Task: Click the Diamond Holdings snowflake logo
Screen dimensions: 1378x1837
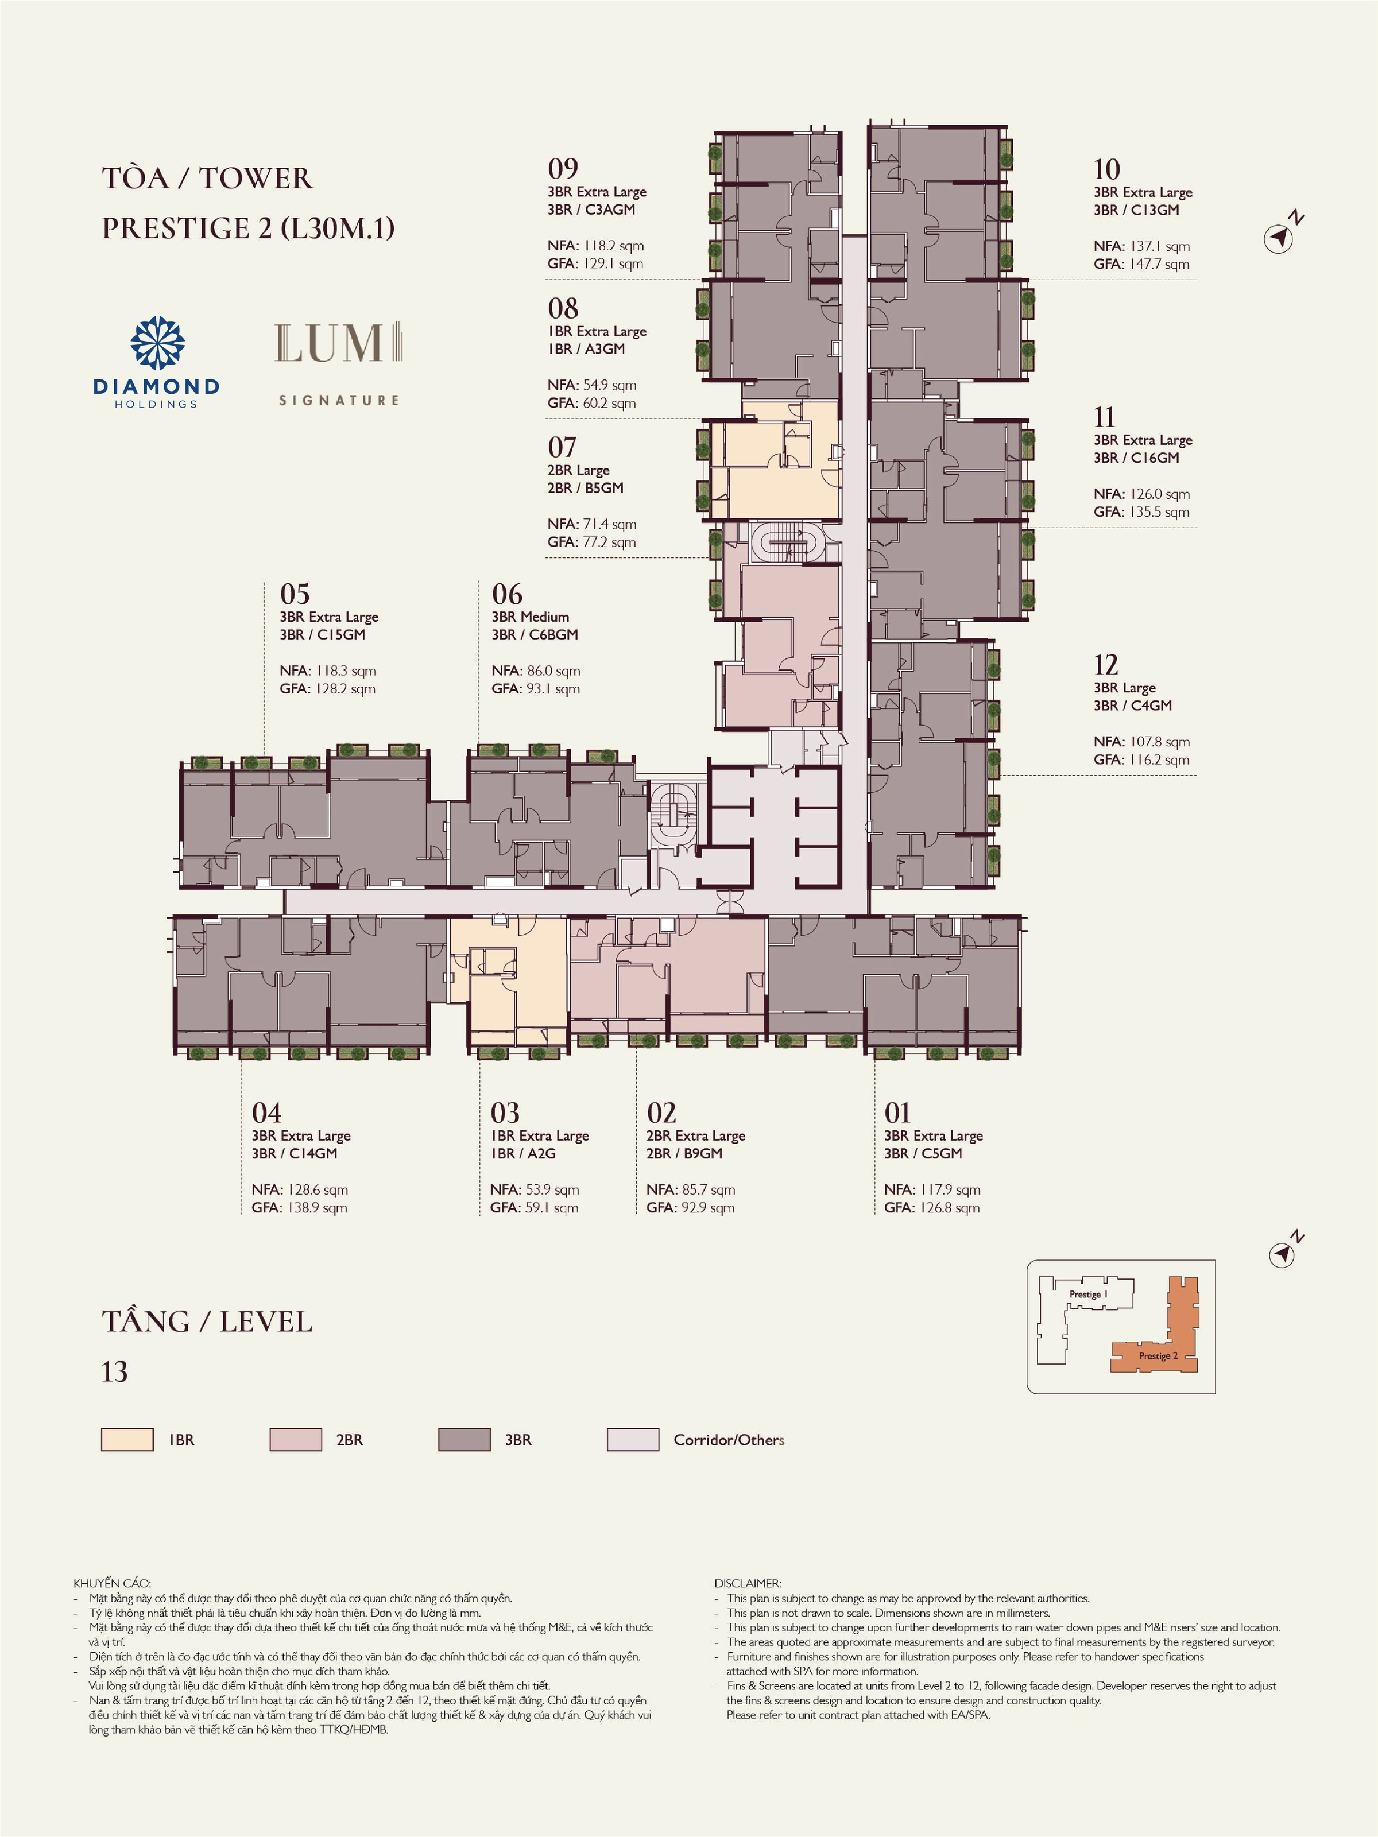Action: [158, 343]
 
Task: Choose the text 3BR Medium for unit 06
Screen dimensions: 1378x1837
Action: [530, 617]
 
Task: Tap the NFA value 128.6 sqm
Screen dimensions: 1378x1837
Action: [318, 1190]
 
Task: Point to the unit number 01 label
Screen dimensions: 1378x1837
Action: [898, 1113]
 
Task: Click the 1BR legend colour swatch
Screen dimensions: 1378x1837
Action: [127, 1439]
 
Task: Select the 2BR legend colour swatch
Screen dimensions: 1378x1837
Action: [296, 1439]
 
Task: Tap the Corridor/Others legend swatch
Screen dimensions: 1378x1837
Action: [633, 1439]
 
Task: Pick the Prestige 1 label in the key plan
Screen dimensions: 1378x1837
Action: [1088, 1295]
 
